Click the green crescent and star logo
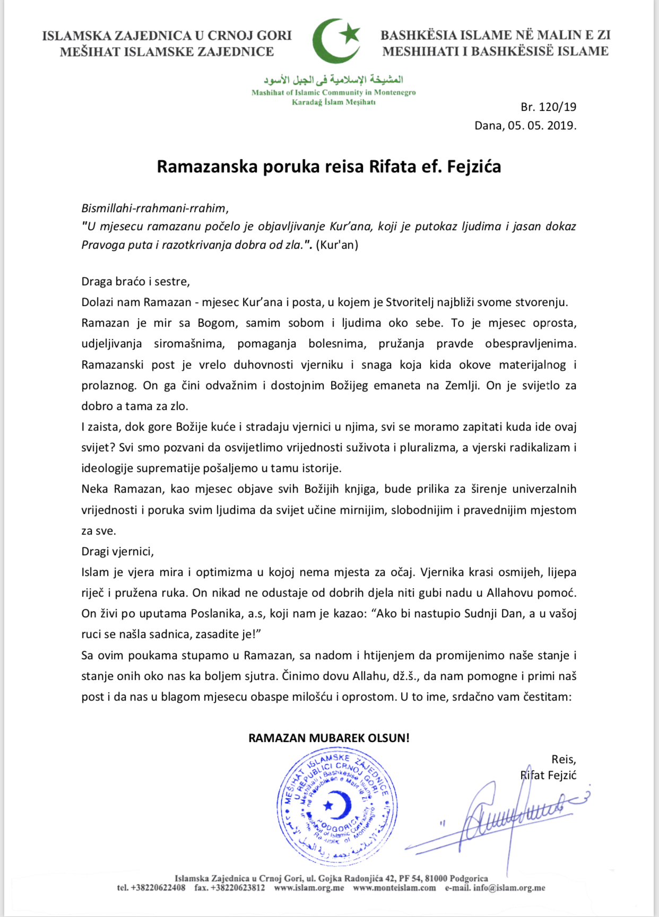tap(336, 41)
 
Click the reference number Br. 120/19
tap(548, 107)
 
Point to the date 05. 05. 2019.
tap(542, 126)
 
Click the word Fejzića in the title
tap(474, 167)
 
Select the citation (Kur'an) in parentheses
tap(337, 245)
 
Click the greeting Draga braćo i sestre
tap(135, 282)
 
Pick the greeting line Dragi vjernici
tap(117, 552)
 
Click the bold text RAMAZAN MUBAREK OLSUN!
tap(329, 738)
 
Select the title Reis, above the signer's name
tap(563, 759)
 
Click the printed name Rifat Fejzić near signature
tap(548, 775)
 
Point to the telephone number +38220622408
tap(158, 888)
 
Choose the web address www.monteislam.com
tap(394, 888)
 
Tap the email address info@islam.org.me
tap(509, 888)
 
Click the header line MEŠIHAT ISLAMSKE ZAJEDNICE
tap(167, 52)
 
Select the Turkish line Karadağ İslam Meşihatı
tap(333, 102)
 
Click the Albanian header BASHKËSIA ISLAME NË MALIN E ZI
tap(495, 36)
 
